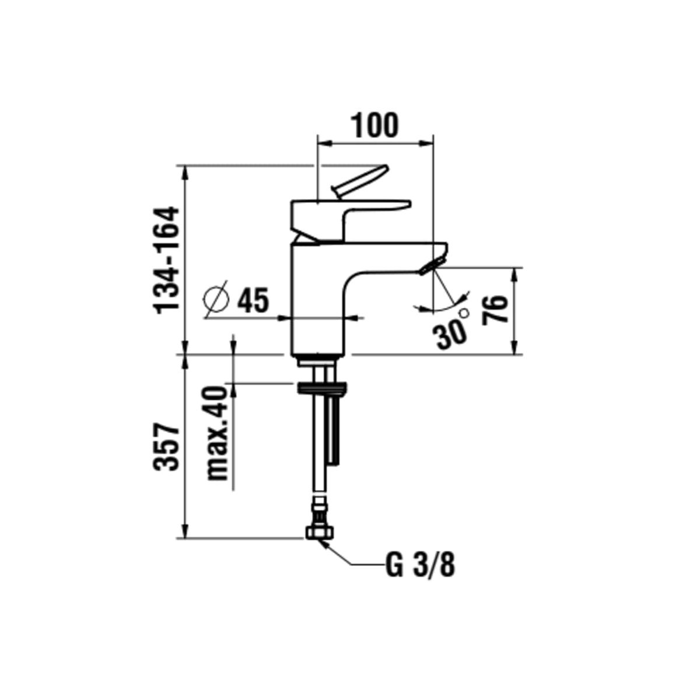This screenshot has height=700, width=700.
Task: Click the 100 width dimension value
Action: point(374,125)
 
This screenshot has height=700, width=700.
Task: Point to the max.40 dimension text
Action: point(218,433)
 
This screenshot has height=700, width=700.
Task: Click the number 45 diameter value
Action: point(253,300)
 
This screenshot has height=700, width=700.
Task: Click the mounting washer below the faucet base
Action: point(321,387)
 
